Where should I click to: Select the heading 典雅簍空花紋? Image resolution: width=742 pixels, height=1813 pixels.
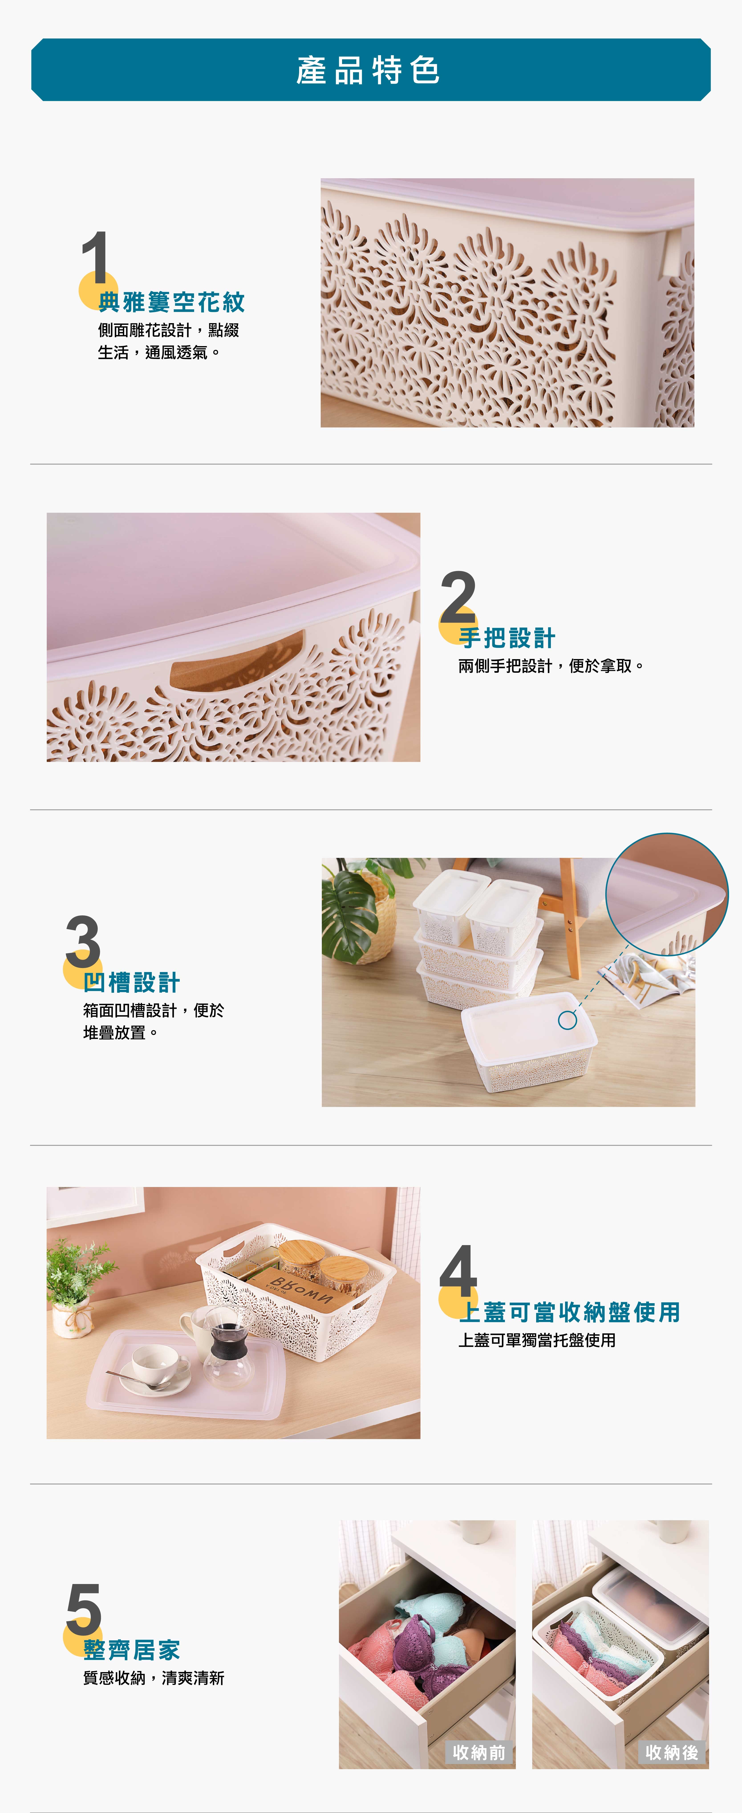(x=172, y=303)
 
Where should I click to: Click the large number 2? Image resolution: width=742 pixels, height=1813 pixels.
(x=458, y=596)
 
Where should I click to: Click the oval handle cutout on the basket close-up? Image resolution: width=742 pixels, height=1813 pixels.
(x=237, y=662)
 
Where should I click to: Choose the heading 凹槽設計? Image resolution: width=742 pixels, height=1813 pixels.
(x=132, y=982)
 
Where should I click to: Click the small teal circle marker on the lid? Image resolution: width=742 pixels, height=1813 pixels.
(x=568, y=1020)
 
